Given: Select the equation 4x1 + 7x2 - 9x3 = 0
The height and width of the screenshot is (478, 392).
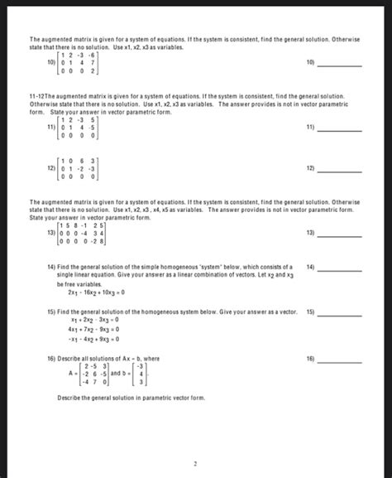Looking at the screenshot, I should point(95,329).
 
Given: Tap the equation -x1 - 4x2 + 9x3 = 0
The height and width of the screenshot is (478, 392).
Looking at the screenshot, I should point(95,339).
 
